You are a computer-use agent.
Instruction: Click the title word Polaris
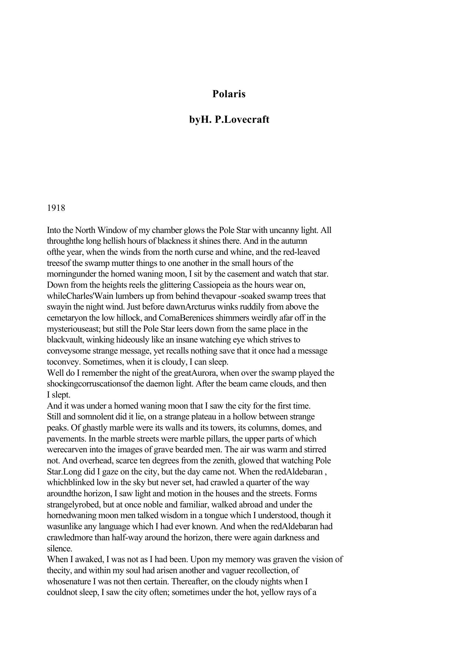point(229,94)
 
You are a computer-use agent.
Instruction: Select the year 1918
point(56,208)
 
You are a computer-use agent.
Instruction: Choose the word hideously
point(134,340)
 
